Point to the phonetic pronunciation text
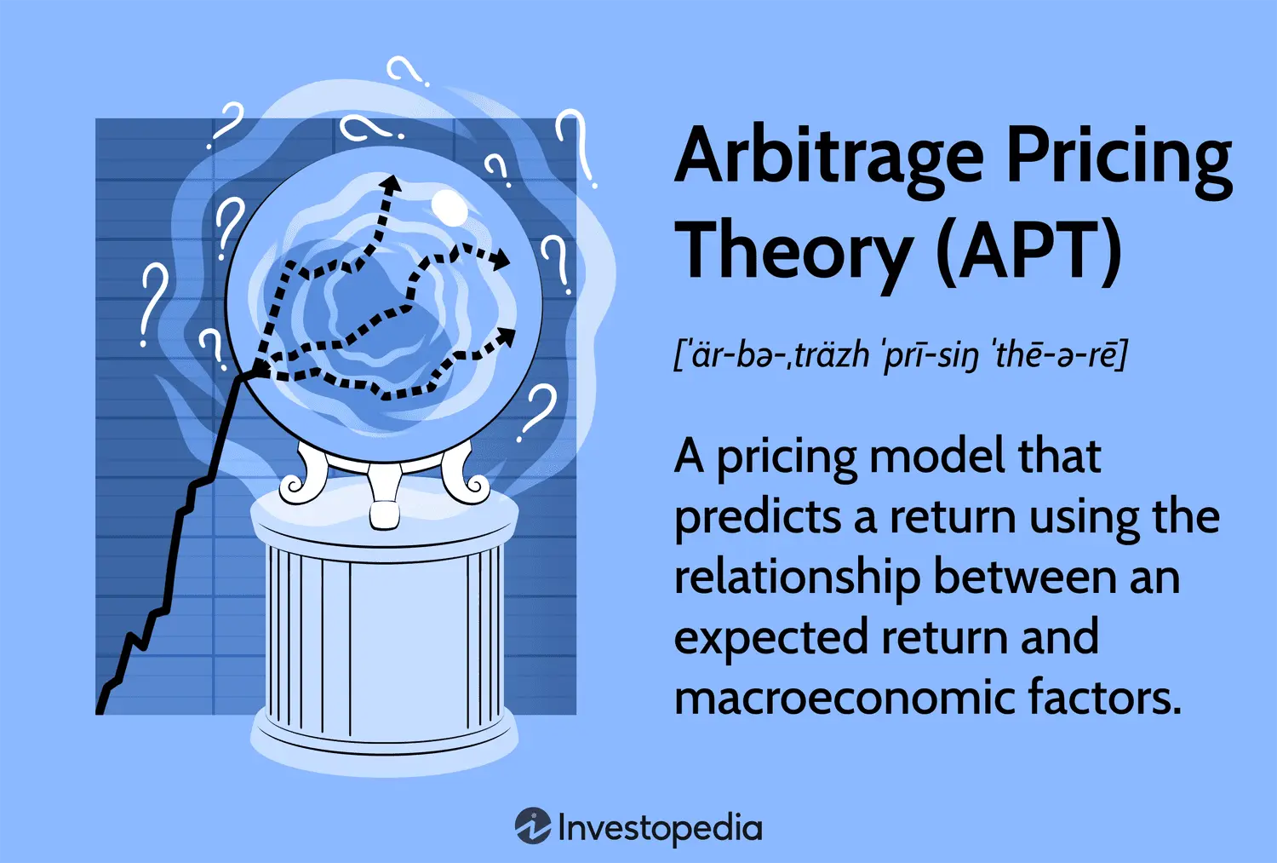click(x=900, y=355)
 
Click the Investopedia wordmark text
click(x=660, y=828)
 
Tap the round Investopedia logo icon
click(x=532, y=826)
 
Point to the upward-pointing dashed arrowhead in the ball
click(x=391, y=184)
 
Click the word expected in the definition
click(x=771, y=638)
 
